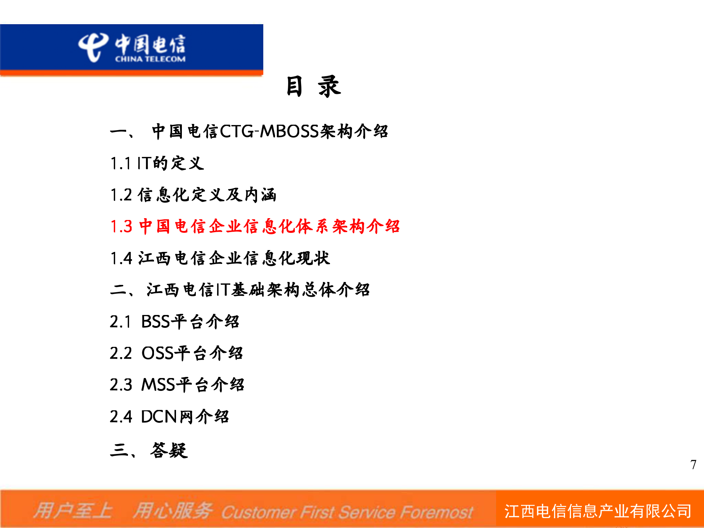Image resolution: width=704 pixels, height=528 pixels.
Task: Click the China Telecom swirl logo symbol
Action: pos(92,47)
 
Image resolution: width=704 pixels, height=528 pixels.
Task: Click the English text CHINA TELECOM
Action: pos(150,59)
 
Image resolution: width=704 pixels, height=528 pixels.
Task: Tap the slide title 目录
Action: pos(313,87)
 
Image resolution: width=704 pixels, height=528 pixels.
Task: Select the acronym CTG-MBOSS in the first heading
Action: pos(269,131)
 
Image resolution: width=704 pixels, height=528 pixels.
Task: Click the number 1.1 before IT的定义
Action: pos(121,164)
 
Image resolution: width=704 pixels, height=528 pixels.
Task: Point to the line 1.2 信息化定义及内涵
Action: pos(193,195)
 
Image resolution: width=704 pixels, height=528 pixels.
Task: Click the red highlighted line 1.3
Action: pos(255,226)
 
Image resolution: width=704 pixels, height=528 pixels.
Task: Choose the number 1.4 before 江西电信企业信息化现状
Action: pos(121,258)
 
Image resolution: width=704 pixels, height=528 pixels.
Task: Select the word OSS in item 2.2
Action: pos(157,353)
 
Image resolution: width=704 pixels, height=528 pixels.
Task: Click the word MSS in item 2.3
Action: pos(158,385)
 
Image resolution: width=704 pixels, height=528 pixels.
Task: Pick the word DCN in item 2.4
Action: pos(159,417)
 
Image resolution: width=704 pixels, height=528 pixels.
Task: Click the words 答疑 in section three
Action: pos(169,450)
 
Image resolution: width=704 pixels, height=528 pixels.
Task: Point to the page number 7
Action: pos(693,465)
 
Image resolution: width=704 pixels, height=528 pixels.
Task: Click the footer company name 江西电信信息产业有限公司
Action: pos(598,511)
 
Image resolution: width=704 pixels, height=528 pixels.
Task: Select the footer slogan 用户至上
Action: pos(73,511)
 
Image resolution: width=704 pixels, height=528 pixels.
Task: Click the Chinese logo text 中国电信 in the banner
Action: pos(150,44)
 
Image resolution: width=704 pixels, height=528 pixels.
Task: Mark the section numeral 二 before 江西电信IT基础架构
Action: pos(118,290)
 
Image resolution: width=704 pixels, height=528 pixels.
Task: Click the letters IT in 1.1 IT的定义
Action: pos(144,164)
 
